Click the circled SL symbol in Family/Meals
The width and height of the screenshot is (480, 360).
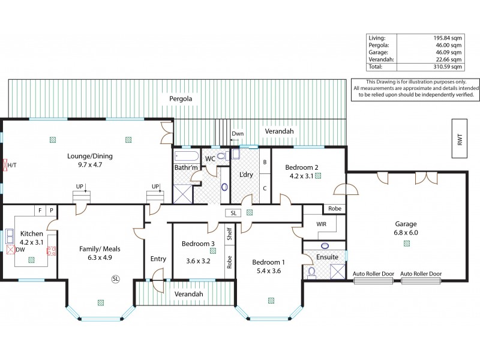pyautogui.click(x=115, y=279)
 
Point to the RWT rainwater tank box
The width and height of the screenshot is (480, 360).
pyautogui.click(x=460, y=139)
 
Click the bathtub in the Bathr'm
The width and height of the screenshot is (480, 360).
pyautogui.click(x=184, y=158)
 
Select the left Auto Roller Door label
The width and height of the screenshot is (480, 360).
pyautogui.click(x=373, y=274)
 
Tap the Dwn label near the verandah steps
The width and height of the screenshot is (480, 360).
pyautogui.click(x=238, y=134)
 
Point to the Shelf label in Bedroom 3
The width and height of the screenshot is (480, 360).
pyautogui.click(x=229, y=233)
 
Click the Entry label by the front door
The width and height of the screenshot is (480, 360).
pyautogui.click(x=158, y=259)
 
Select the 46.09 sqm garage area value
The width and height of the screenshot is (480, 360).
pyautogui.click(x=448, y=52)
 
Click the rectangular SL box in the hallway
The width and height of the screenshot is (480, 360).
pyautogui.click(x=233, y=212)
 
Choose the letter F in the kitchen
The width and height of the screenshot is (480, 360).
pyautogui.click(x=40, y=211)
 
